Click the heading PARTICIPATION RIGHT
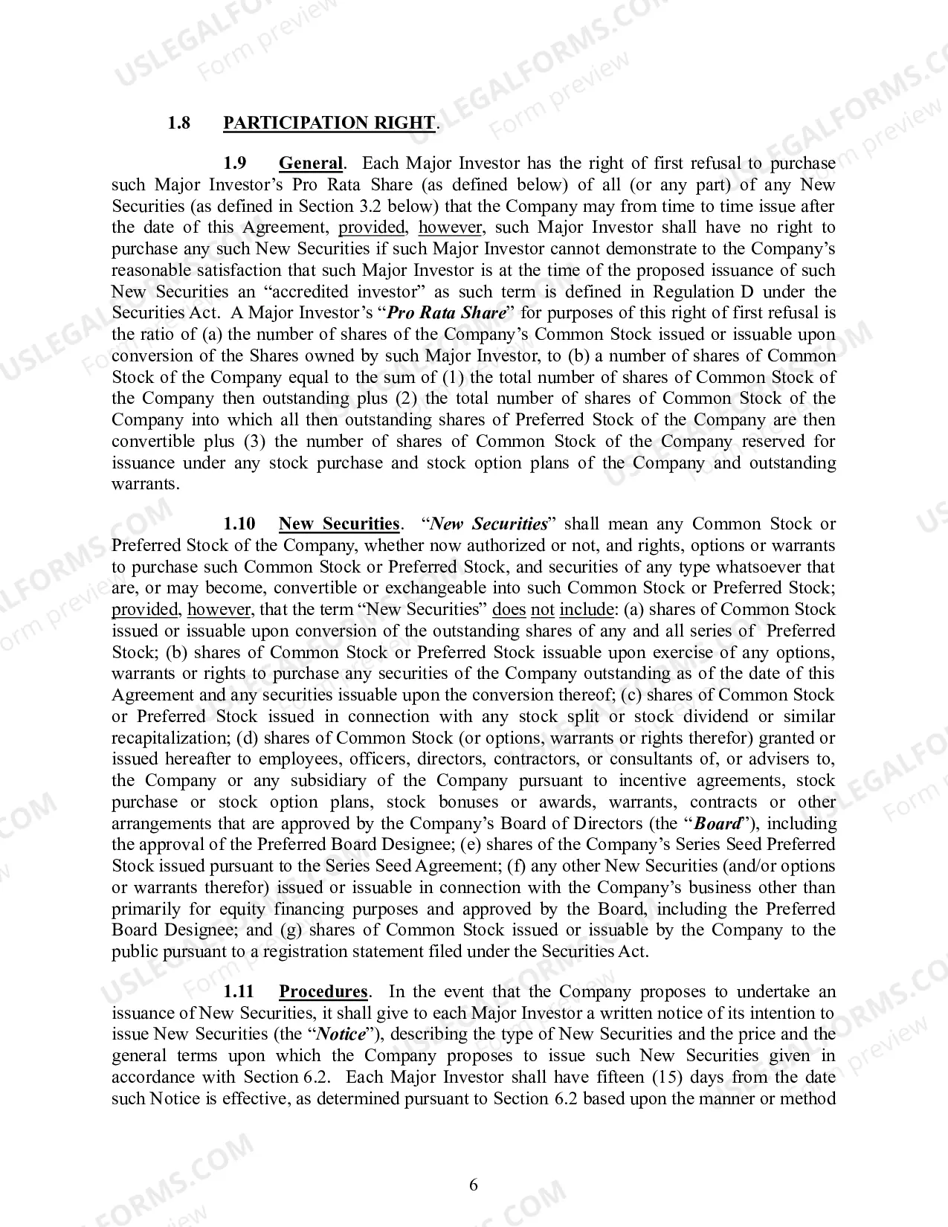point(329,123)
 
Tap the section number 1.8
point(178,123)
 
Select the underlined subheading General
point(311,164)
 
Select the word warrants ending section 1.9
point(144,484)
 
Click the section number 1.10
point(239,524)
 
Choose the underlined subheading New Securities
point(339,524)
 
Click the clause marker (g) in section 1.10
point(291,930)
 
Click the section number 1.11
point(239,992)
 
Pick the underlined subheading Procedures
point(323,992)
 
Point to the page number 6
point(474,1185)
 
